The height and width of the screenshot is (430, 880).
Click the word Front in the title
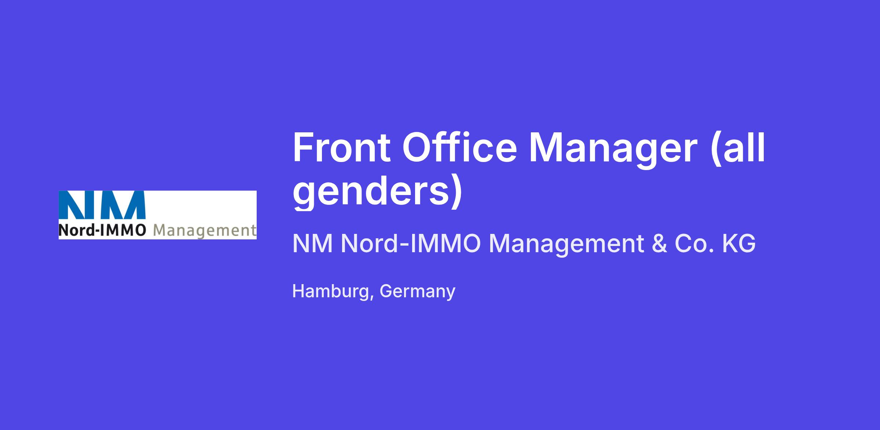pyautogui.click(x=341, y=147)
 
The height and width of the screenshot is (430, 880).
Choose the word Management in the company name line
pyautogui.click(x=566, y=245)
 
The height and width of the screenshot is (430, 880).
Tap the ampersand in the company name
pyautogui.click(x=659, y=243)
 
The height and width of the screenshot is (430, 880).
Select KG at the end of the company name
pyautogui.click(x=739, y=243)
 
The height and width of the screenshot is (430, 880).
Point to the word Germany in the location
pyautogui.click(x=418, y=292)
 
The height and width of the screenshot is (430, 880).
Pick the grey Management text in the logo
pyautogui.click(x=205, y=231)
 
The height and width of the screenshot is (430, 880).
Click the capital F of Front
pyautogui.click(x=303, y=147)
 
